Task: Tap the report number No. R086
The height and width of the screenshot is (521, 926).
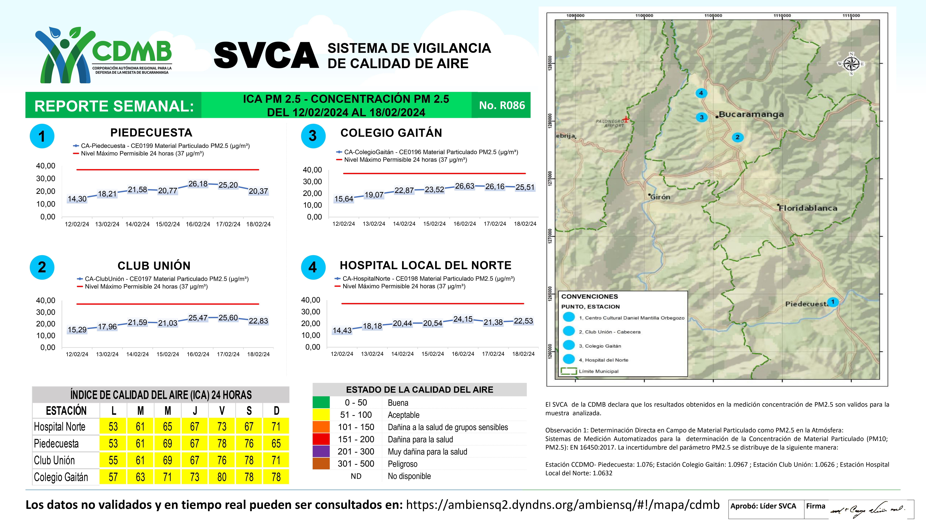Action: pos(502,105)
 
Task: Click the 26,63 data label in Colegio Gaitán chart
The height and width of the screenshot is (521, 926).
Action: pos(464,186)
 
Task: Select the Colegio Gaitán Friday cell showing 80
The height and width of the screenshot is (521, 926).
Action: pos(222,477)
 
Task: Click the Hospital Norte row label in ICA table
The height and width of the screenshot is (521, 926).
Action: pos(60,427)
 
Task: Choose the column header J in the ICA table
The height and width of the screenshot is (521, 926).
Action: pos(195,411)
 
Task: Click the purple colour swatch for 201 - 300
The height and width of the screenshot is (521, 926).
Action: pos(321,452)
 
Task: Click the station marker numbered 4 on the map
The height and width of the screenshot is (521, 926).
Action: pos(701,93)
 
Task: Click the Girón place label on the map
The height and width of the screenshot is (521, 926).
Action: pos(660,197)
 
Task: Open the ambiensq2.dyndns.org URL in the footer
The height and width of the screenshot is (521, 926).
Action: pos(563,505)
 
